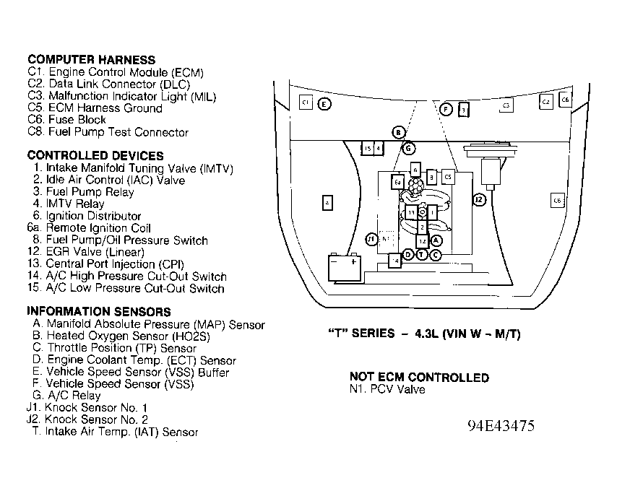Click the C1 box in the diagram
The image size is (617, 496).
point(306,103)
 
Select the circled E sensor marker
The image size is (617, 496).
point(325,104)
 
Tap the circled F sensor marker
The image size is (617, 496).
point(446,109)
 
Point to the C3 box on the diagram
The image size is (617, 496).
point(506,105)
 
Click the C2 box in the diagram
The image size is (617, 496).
point(546,102)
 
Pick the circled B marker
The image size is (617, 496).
point(397,132)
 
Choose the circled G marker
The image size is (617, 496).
point(408,148)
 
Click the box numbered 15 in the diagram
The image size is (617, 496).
point(368,148)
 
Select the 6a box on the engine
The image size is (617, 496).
point(398,183)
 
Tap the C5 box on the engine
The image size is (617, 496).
point(447,176)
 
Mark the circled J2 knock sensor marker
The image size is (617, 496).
point(478,199)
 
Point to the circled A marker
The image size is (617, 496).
point(436,240)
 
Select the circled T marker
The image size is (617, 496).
point(421,254)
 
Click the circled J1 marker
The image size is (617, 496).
point(371,238)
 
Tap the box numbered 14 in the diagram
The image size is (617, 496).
point(394,260)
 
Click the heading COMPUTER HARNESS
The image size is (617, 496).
point(91,60)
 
